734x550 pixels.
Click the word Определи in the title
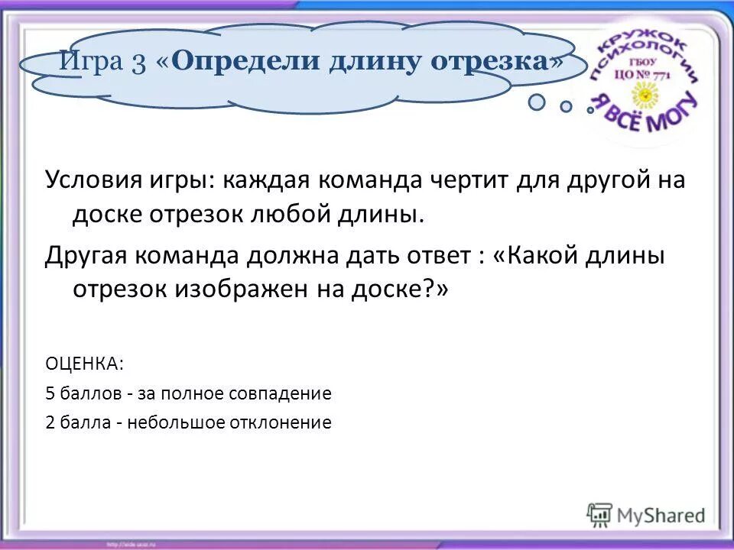click(246, 61)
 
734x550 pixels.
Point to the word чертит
click(469, 181)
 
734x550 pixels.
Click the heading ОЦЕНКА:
click(83, 364)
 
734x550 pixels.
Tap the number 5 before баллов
click(50, 393)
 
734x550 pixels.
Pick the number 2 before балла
click(50, 422)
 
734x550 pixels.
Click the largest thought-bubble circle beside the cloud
click(538, 102)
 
